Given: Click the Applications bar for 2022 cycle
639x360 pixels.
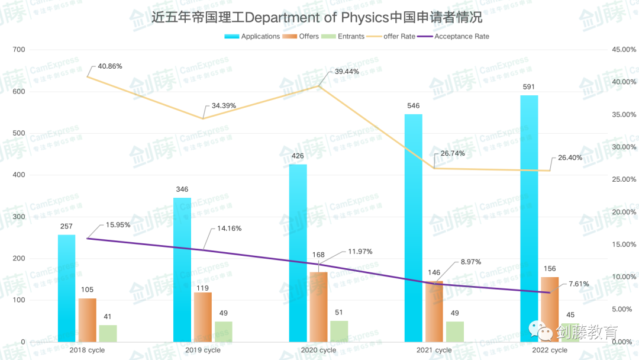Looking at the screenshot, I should tap(529, 219).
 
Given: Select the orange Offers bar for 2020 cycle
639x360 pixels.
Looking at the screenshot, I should tap(318, 307).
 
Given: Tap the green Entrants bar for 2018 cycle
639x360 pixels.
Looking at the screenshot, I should tap(108, 333).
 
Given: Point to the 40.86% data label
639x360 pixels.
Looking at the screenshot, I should tap(110, 66).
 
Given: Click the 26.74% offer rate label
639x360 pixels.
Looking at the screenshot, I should tap(453, 153).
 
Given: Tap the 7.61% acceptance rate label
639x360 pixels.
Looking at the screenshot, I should tap(579, 284).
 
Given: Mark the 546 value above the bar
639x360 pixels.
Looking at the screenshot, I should tap(414, 106).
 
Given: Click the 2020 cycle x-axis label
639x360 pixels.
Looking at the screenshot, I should tap(318, 350).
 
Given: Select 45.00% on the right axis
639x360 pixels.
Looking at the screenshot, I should tap(624, 50).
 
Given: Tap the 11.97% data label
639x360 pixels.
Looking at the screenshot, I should tap(360, 252).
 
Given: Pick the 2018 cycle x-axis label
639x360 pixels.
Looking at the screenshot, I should tap(87, 350).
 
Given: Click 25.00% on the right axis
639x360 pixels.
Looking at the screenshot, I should tap(624, 179).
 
